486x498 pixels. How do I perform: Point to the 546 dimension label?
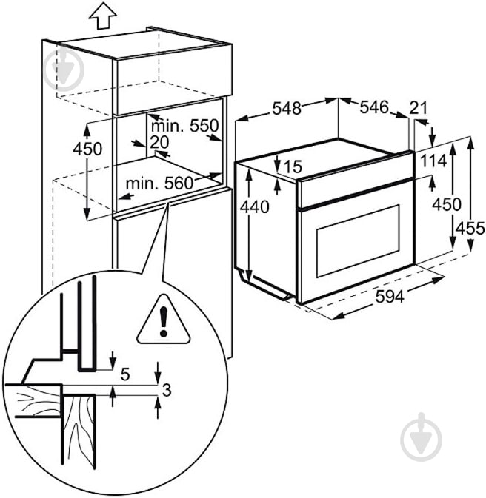[x=374, y=107]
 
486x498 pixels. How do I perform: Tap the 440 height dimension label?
[x=254, y=208]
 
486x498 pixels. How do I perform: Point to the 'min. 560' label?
[x=158, y=182]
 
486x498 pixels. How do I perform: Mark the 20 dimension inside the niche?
[x=159, y=141]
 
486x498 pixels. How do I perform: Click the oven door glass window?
[x=358, y=244]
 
